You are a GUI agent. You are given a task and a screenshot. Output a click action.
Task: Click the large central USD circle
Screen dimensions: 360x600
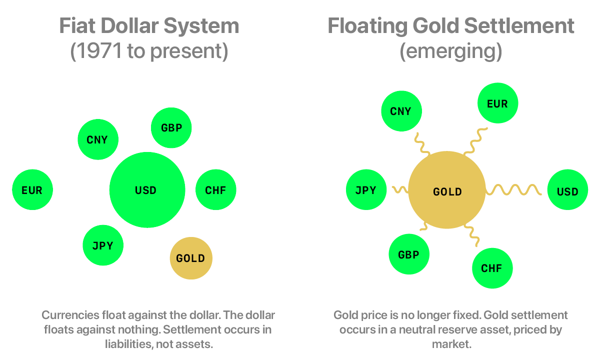point(147,190)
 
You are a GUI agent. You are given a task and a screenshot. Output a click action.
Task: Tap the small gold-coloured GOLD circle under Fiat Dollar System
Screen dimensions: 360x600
point(191,258)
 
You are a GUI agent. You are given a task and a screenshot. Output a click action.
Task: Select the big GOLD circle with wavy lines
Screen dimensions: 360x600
point(447,191)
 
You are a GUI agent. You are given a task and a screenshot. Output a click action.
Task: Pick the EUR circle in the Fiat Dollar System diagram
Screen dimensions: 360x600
point(32,190)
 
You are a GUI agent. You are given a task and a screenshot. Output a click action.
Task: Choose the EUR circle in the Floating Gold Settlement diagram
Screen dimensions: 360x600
point(497,103)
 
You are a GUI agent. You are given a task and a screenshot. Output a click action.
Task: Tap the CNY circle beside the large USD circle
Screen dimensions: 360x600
point(98,139)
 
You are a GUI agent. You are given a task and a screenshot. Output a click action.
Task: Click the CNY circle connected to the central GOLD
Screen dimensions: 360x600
point(401,111)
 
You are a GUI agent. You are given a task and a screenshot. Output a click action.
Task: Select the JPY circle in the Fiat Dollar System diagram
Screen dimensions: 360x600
point(103,245)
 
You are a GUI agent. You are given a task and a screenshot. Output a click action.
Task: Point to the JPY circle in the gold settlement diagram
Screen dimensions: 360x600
point(366,190)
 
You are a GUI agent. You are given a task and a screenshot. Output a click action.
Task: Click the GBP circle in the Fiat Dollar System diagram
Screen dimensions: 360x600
point(171,127)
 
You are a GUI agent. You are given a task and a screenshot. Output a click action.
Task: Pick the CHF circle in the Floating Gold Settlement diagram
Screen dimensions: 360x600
point(492,268)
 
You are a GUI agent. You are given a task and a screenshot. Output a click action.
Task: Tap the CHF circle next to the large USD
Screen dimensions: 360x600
point(215,190)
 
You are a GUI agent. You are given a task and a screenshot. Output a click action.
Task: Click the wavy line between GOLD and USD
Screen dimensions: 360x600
point(514,190)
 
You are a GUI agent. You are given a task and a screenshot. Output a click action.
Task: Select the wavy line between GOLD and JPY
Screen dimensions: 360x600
point(399,189)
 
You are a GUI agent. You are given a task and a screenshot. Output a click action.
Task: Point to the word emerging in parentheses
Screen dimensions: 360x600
point(450,52)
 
